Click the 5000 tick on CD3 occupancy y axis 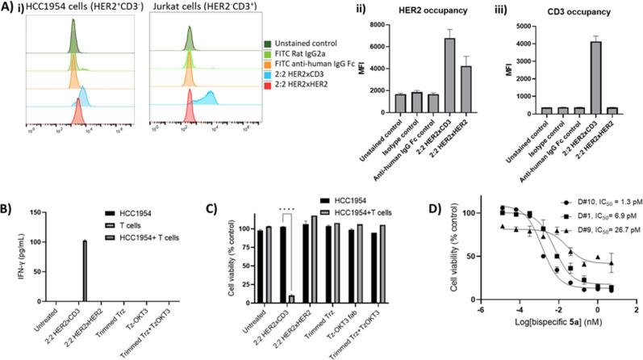pyautogui.click(x=524, y=24)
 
